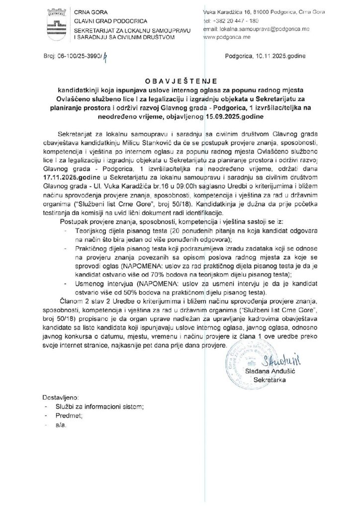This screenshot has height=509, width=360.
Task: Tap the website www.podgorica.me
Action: (227, 37)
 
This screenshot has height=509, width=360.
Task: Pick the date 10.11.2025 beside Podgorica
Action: (270, 57)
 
